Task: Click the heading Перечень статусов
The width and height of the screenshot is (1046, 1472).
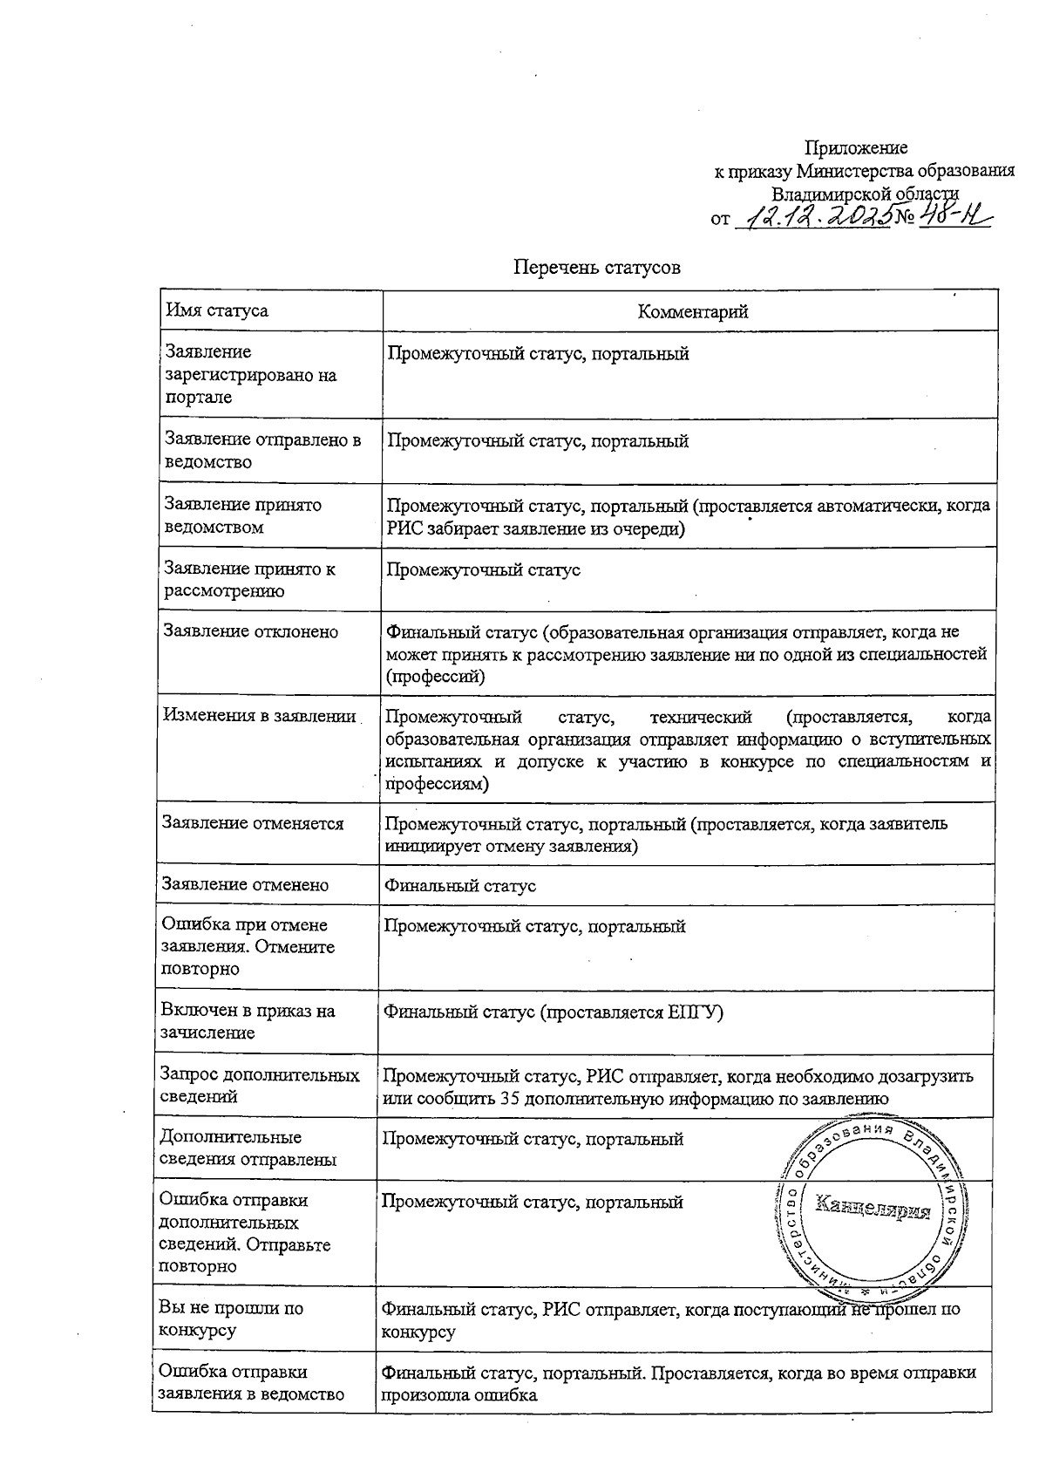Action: (x=596, y=268)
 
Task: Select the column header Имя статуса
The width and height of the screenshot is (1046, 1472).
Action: (x=217, y=311)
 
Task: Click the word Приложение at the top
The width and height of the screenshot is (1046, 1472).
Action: (x=855, y=148)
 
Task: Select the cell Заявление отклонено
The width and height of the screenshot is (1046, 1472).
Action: (x=251, y=631)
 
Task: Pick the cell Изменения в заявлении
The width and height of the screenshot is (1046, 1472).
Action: (x=260, y=716)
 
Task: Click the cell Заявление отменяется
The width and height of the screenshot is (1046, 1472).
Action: (x=254, y=823)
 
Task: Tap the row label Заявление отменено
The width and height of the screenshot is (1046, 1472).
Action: (x=246, y=885)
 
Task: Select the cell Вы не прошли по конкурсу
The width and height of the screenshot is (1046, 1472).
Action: (x=231, y=1319)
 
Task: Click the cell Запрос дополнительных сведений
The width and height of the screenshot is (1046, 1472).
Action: (x=260, y=1087)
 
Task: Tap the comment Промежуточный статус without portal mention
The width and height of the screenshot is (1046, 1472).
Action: (x=483, y=570)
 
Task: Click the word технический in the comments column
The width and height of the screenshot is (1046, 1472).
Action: (x=700, y=718)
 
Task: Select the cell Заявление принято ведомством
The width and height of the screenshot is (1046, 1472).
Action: (x=242, y=515)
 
